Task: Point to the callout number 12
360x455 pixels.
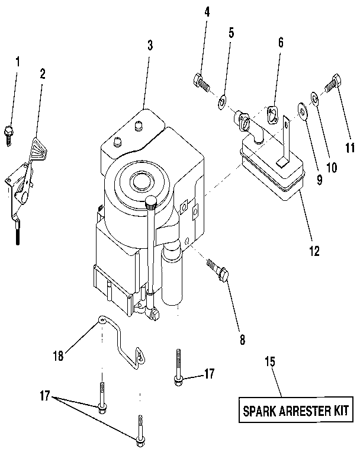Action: click(x=313, y=251)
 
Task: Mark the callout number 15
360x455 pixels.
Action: click(x=269, y=361)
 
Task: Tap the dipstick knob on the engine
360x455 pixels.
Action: click(x=152, y=203)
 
